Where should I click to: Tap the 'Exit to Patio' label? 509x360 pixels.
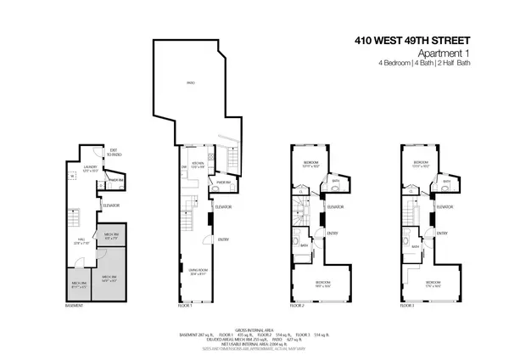(x=112, y=154)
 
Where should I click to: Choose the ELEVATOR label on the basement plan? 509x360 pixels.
(x=111, y=205)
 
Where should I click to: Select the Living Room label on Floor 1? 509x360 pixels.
(x=199, y=273)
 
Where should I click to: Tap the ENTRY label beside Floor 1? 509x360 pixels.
(x=224, y=239)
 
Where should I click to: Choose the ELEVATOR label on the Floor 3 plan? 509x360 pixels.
(x=446, y=206)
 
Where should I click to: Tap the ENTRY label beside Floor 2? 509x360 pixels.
(x=333, y=234)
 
